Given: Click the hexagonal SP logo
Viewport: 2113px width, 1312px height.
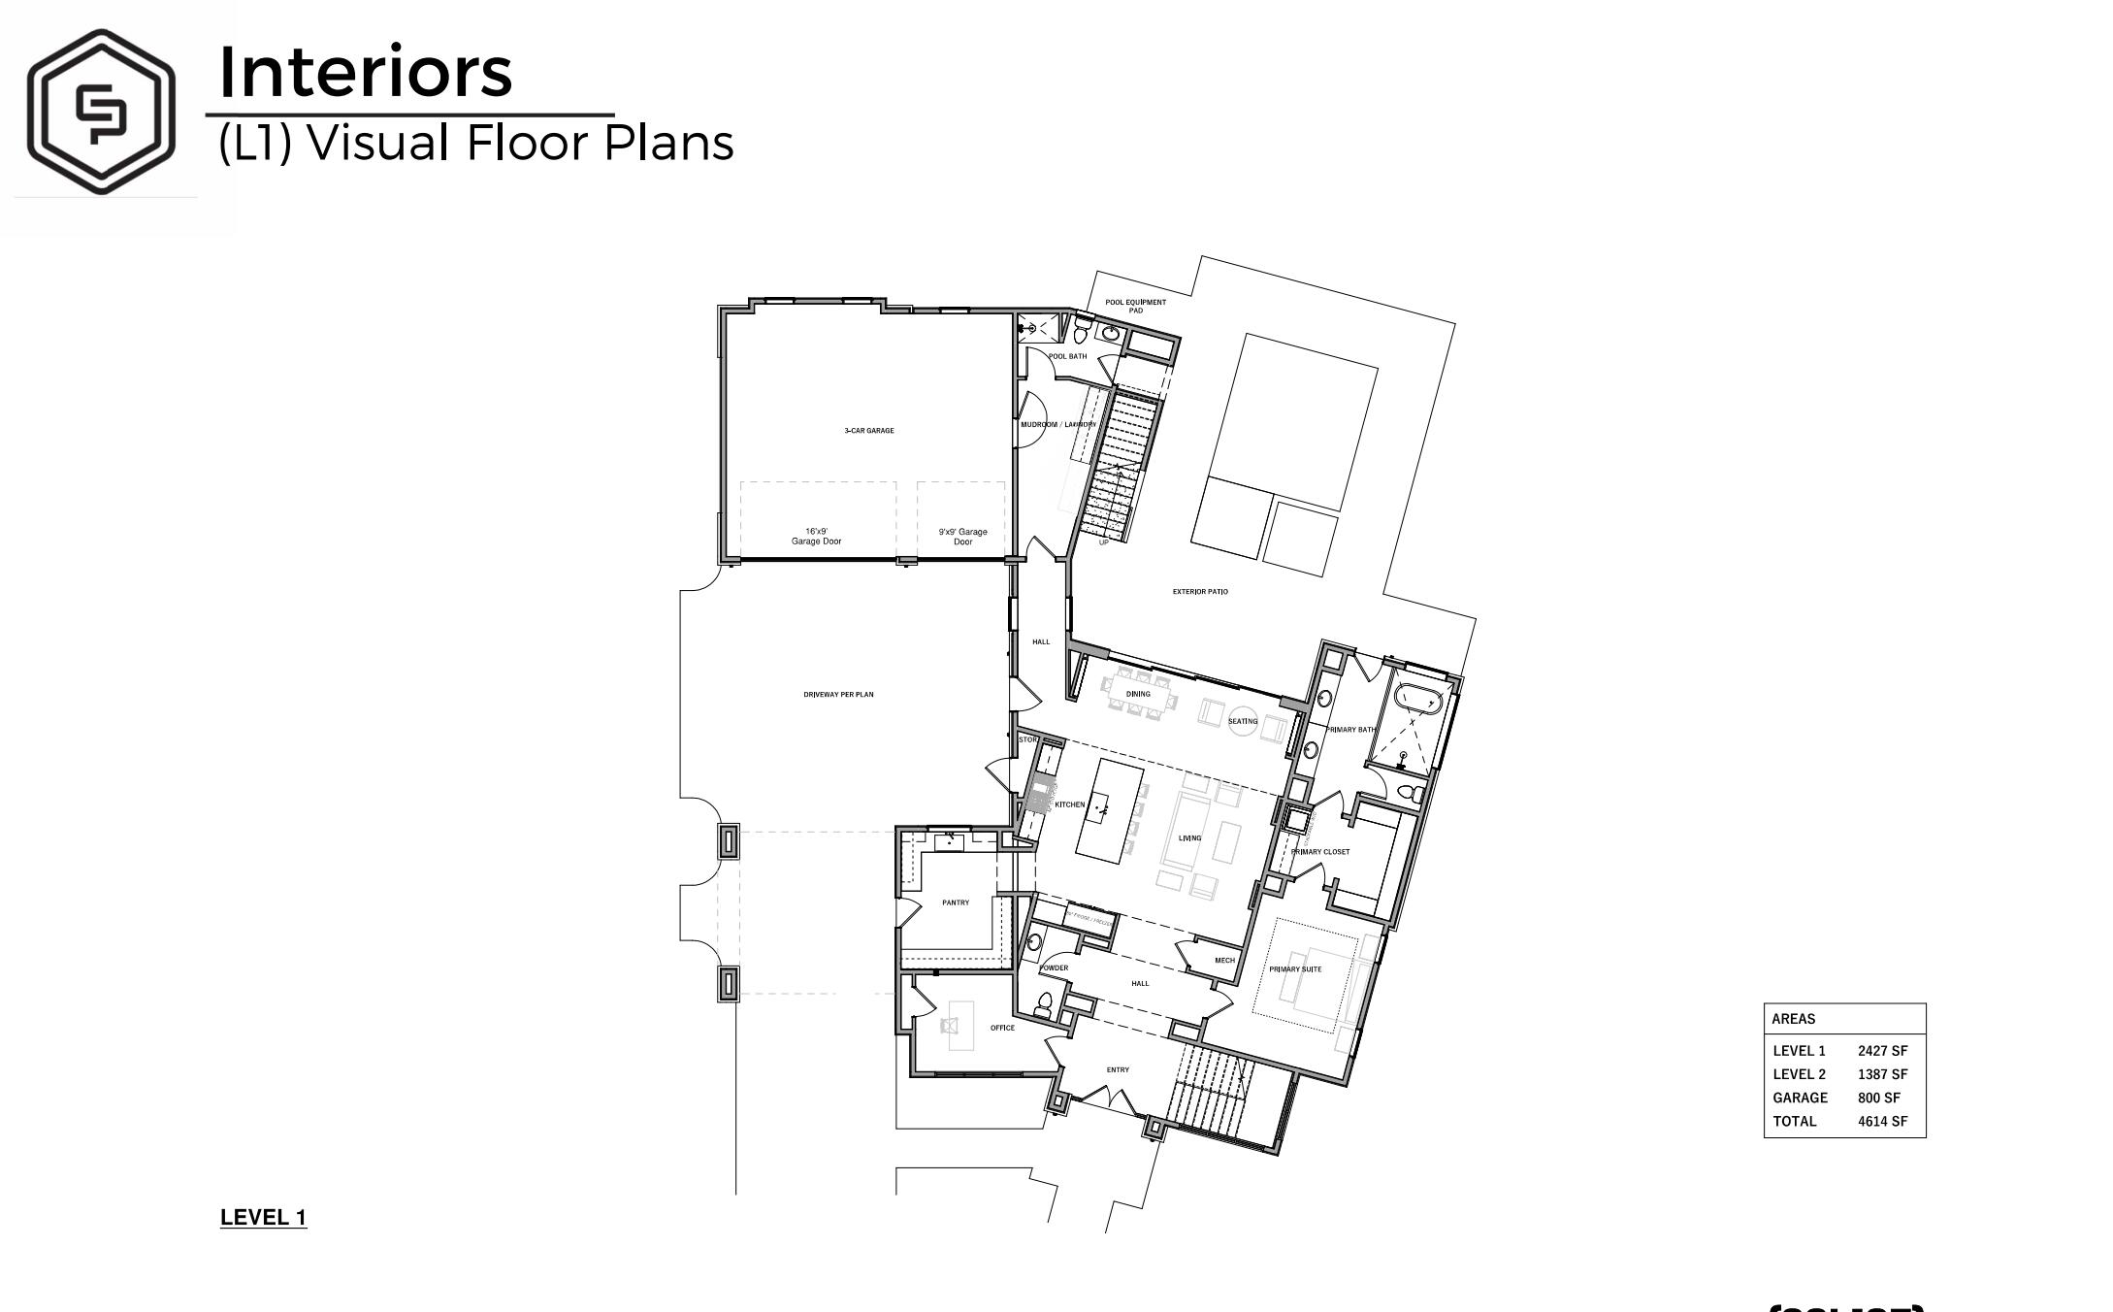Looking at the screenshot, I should point(101,111).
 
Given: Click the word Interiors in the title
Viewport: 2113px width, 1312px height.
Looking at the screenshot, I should point(365,72).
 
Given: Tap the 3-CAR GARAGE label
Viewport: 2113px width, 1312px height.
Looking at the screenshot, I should point(868,431).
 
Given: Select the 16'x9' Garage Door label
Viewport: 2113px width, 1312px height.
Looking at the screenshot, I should point(816,537).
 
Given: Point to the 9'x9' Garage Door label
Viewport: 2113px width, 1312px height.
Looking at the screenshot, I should point(962,537).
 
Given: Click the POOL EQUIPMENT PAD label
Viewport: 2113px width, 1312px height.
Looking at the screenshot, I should point(1135,306).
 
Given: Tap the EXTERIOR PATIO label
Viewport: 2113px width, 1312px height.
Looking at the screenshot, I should point(1200,592).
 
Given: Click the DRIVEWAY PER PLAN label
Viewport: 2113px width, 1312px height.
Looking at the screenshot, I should point(838,695).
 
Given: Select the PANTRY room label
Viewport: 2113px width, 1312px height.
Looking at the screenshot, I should point(955,903).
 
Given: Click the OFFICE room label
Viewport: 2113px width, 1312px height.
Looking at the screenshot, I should point(1002,1029).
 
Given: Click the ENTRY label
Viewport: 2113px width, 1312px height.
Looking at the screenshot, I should point(1118,1070).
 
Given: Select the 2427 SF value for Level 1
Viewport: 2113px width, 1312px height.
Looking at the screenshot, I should point(1882,1051).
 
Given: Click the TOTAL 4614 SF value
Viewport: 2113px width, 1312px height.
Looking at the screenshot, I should point(1882,1122).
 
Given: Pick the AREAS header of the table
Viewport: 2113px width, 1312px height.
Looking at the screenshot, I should point(1793,1019).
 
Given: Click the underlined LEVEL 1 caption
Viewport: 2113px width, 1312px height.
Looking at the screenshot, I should point(263,1218).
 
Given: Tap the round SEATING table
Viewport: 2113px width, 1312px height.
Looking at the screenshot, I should point(1243,721).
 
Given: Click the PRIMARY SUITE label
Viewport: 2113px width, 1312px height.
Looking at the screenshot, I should point(1295,969).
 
